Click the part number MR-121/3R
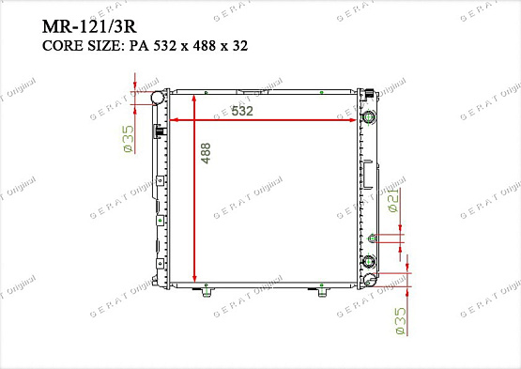click(89, 26)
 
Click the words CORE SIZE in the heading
click(81, 46)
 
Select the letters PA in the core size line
click(139, 46)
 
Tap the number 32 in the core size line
click(240, 46)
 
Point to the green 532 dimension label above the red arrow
click(242, 111)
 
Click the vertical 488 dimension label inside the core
click(206, 153)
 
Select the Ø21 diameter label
click(393, 200)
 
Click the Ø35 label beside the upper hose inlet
click(129, 139)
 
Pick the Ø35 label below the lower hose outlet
click(401, 321)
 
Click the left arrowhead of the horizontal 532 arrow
click(173, 120)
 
